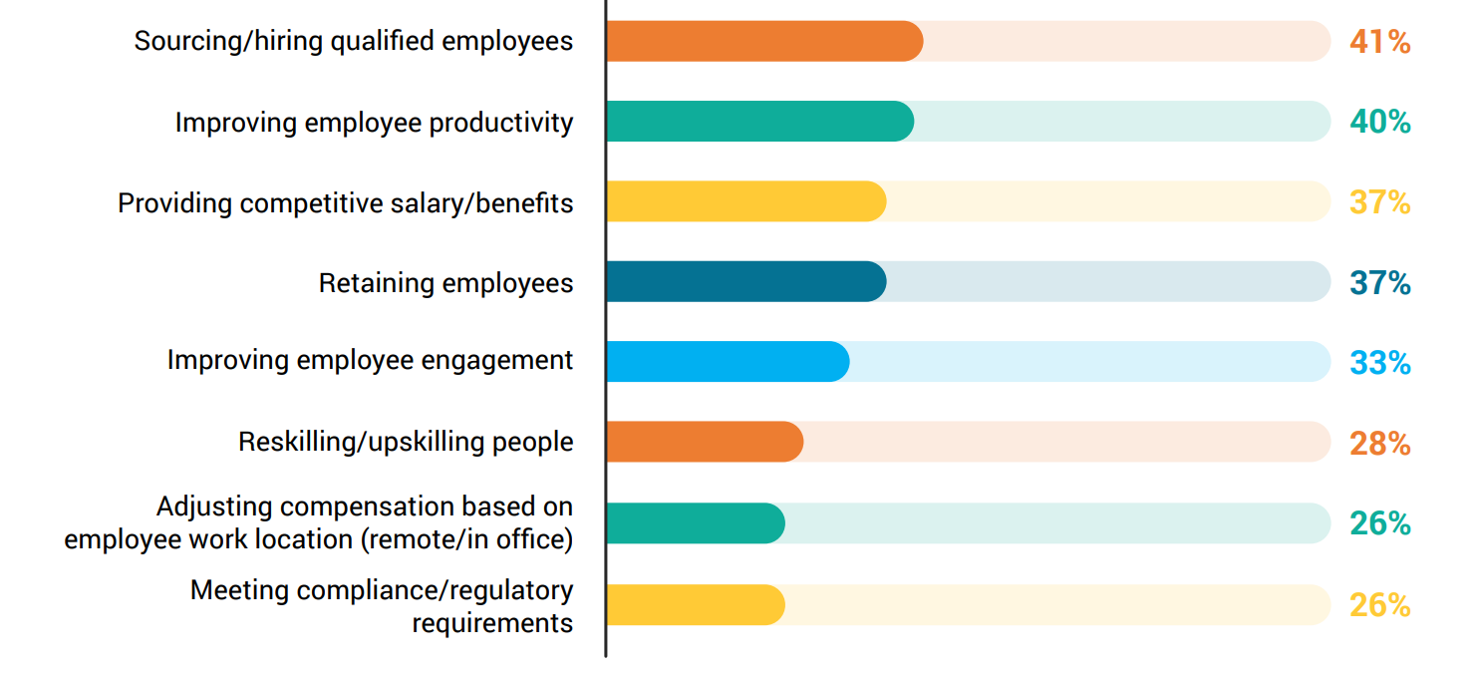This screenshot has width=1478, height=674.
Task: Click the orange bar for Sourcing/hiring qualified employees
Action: tap(764, 41)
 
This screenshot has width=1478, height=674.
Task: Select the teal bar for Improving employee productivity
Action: tap(760, 121)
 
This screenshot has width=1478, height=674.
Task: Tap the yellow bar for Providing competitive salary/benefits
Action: tap(746, 201)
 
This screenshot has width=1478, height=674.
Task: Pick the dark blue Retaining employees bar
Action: tap(746, 281)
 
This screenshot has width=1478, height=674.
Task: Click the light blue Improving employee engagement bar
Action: tap(728, 361)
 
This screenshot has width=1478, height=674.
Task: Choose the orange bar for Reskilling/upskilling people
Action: tap(705, 442)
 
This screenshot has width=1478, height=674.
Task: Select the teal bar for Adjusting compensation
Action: tap(696, 522)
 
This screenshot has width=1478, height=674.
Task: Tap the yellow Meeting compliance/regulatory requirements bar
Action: tap(696, 604)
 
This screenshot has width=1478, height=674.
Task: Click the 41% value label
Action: tap(1379, 42)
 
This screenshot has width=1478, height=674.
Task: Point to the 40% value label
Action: tap(1379, 122)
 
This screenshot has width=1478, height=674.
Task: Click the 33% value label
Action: tap(1379, 362)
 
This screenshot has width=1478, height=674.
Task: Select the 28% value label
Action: tap(1379, 443)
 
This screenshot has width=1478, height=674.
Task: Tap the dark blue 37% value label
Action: tap(1379, 282)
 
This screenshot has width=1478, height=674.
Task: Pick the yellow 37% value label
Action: tap(1379, 202)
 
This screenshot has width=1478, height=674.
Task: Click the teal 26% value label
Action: tap(1379, 523)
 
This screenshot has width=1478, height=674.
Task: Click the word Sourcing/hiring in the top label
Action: tap(228, 42)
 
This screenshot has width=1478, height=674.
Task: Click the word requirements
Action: tap(492, 622)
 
